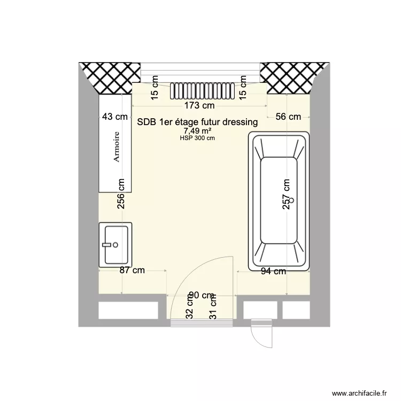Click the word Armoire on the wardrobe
pyautogui.click(x=115, y=146)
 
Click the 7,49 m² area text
pyautogui.click(x=198, y=131)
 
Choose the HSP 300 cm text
pyautogui.click(x=198, y=138)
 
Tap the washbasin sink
pyautogui.click(x=115, y=244)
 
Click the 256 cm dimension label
pyautogui.click(x=121, y=193)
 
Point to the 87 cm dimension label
pyautogui.click(x=132, y=271)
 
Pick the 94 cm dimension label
pyautogui.click(x=273, y=271)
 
